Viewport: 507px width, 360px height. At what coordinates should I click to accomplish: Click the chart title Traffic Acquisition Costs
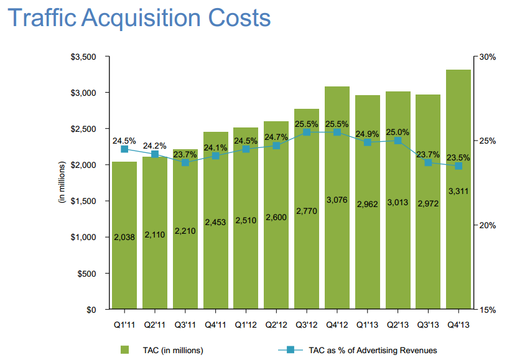tap(138, 18)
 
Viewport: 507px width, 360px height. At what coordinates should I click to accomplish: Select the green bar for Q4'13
tap(458, 249)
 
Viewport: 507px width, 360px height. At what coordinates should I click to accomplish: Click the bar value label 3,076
tap(337, 200)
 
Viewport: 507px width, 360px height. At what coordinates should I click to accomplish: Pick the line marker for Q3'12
tap(307, 132)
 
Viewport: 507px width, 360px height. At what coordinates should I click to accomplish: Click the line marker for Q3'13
tap(428, 162)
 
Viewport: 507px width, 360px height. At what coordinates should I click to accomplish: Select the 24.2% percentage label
tap(154, 145)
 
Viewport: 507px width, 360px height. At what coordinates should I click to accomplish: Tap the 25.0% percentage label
tap(398, 132)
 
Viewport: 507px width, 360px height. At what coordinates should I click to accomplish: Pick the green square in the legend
tap(125, 350)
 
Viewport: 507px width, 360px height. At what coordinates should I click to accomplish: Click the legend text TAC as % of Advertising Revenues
tap(373, 350)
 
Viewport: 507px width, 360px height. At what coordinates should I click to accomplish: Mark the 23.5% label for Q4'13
tap(458, 157)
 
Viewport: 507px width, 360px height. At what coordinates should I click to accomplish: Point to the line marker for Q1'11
tap(124, 149)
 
